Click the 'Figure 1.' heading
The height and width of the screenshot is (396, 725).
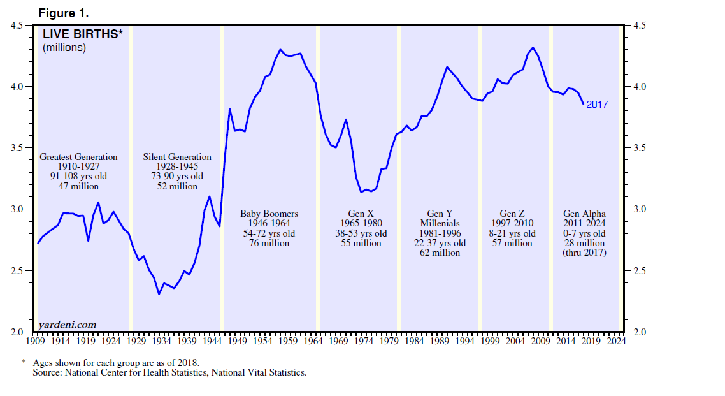pos(63,13)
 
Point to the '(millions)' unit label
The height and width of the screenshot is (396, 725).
pos(64,47)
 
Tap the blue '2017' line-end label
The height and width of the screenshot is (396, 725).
pos(598,104)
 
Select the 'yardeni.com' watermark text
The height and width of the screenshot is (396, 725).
pos(68,325)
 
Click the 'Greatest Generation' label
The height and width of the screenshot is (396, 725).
pos(78,157)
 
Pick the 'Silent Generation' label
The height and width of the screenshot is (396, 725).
pos(177,157)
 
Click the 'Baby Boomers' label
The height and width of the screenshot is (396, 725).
pos(269,214)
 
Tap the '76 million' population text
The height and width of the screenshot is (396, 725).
pos(269,243)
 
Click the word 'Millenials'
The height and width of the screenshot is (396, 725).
pos(440,223)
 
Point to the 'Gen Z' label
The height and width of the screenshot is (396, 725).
pos(512,214)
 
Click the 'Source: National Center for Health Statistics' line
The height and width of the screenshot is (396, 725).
pos(169,372)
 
